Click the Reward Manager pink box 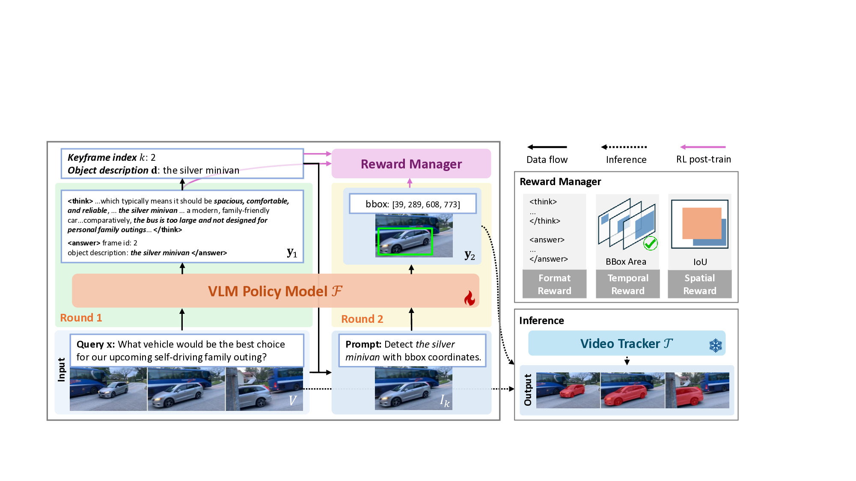point(411,164)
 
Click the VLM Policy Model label point(275,291)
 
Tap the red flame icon point(470,298)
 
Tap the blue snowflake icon point(715,345)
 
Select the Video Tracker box point(626,343)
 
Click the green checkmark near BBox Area point(650,243)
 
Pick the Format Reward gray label point(554,284)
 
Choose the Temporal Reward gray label point(627,284)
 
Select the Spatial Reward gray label point(699,284)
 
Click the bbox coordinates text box point(413,204)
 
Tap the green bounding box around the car point(404,242)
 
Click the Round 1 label point(81,318)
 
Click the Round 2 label point(362,319)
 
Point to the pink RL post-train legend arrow point(703,147)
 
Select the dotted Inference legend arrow point(624,147)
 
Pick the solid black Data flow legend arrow point(547,147)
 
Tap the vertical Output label point(528,390)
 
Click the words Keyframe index point(102,157)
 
